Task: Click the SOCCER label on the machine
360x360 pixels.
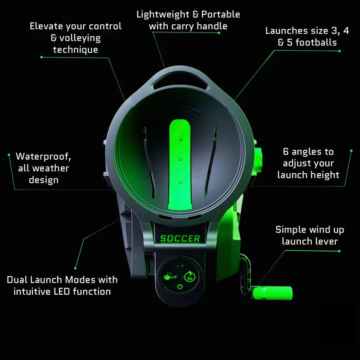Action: click(180, 238)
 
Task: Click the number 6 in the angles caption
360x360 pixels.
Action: click(286, 152)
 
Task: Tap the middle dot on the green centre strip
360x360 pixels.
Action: click(180, 158)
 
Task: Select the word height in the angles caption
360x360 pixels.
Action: click(324, 175)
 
